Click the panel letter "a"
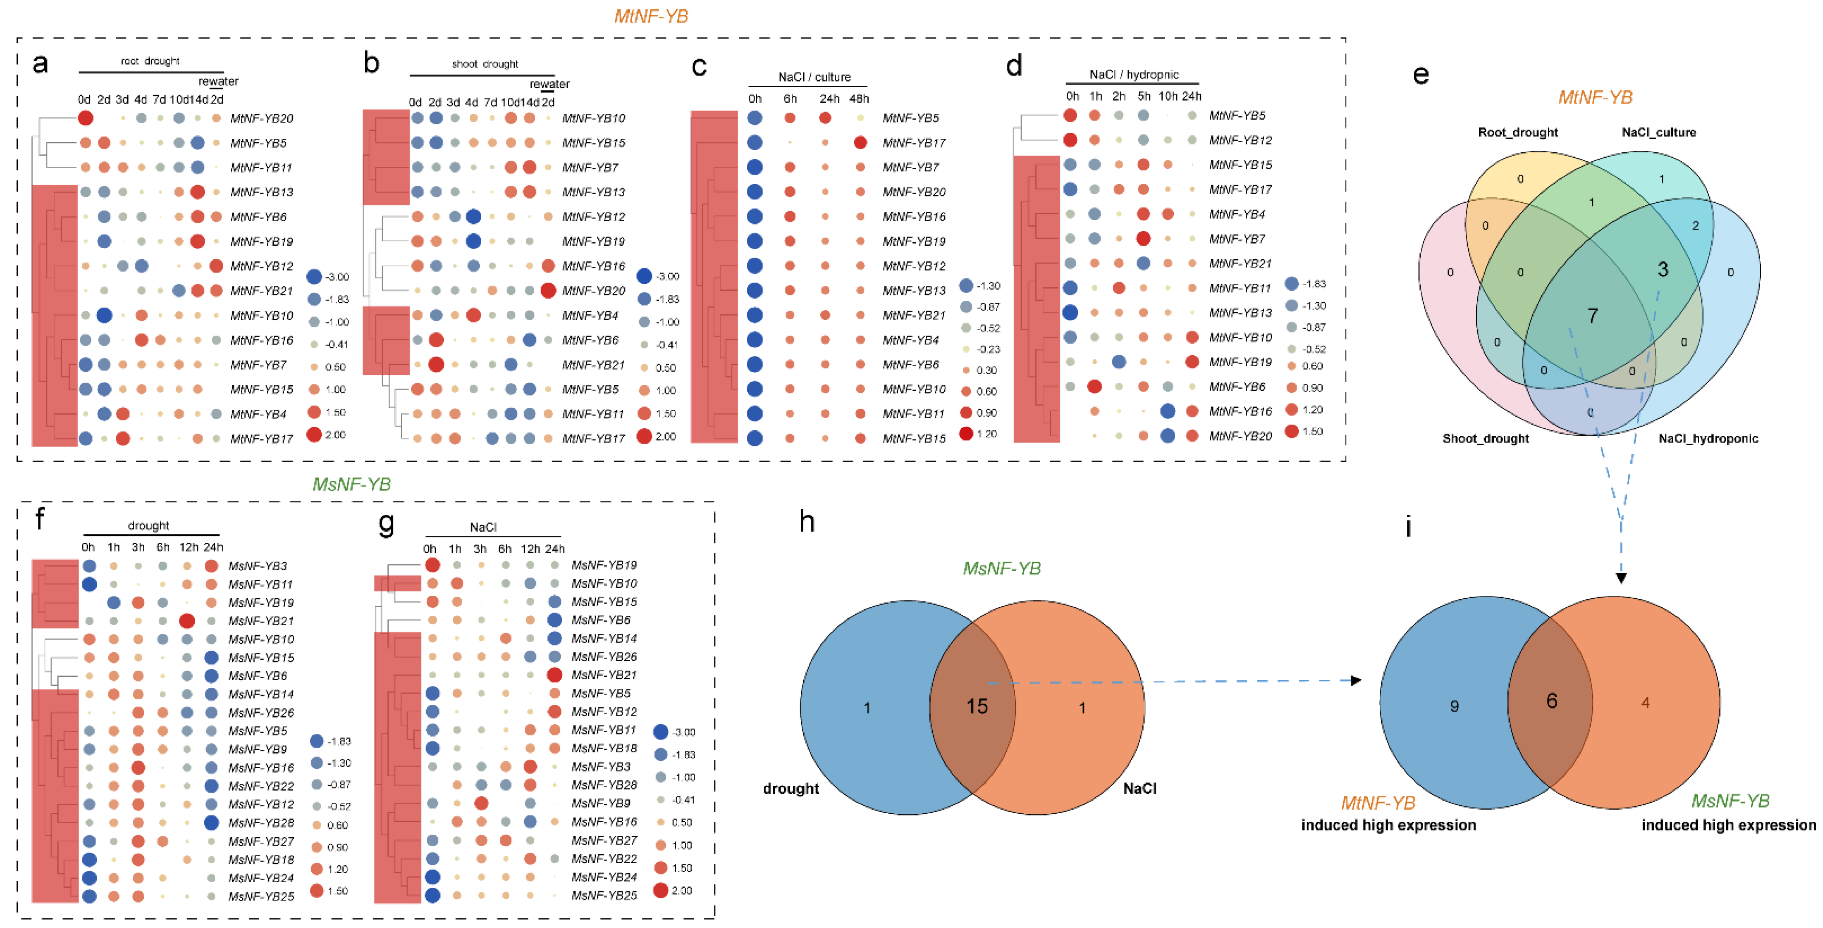(x=40, y=64)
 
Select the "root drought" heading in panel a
(x=150, y=61)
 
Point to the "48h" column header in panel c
(x=859, y=98)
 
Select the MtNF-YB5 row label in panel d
(x=1237, y=115)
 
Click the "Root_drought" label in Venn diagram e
(x=1518, y=132)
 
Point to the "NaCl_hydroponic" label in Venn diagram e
(x=1708, y=438)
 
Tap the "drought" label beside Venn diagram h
(x=791, y=788)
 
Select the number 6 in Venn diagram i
(x=1551, y=701)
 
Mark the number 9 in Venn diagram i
(x=1454, y=706)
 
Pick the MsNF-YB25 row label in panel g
(x=604, y=895)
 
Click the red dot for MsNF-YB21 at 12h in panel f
(x=187, y=621)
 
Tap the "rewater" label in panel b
(x=549, y=84)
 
